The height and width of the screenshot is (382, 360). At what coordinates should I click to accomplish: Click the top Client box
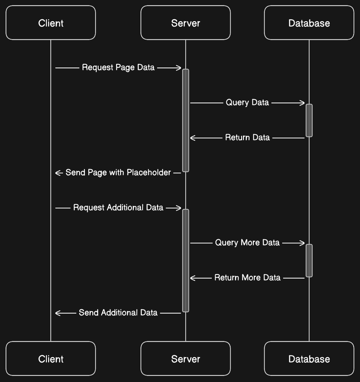[51, 23]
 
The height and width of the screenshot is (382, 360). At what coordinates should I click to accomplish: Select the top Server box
[185, 23]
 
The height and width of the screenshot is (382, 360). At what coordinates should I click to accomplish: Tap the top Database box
[309, 23]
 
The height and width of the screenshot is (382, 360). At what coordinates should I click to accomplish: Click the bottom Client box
[51, 359]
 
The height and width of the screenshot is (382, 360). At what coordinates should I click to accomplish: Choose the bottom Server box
[185, 359]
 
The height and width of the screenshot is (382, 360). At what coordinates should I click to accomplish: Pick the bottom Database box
[309, 359]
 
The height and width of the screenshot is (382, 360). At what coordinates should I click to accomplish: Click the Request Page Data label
[118, 67]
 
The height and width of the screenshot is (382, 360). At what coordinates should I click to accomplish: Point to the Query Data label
[247, 103]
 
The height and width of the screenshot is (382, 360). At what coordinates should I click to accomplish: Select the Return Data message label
[247, 137]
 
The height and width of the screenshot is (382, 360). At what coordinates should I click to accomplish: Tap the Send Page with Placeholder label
[118, 172]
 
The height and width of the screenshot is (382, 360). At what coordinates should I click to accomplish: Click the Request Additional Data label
[118, 207]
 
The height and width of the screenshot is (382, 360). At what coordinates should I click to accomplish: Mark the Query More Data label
[247, 243]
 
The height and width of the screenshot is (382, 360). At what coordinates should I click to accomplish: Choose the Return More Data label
[247, 278]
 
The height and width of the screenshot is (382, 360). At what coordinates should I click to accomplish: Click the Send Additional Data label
[118, 312]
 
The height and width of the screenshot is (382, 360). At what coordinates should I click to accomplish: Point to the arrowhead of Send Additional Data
[58, 313]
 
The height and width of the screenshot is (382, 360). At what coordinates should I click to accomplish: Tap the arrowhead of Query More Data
[303, 243]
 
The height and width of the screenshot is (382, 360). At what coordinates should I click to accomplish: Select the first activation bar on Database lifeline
[309, 120]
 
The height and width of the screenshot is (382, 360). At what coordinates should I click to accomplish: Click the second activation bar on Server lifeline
[185, 260]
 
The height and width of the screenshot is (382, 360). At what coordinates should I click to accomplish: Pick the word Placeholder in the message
[148, 172]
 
